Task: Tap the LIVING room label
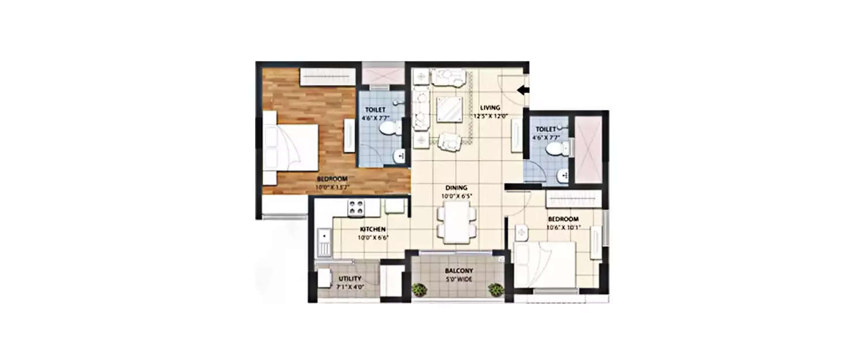(491, 108)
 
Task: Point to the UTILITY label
(350, 279)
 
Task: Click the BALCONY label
(459, 271)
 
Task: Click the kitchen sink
(324, 242)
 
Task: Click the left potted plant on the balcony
(419, 289)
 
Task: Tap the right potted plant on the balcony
(495, 289)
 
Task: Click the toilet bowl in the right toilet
(555, 149)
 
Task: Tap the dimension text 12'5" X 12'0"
(491, 116)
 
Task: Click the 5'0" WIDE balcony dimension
(459, 279)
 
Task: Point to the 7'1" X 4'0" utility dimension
(350, 286)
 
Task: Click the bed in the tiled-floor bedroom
(544, 264)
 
